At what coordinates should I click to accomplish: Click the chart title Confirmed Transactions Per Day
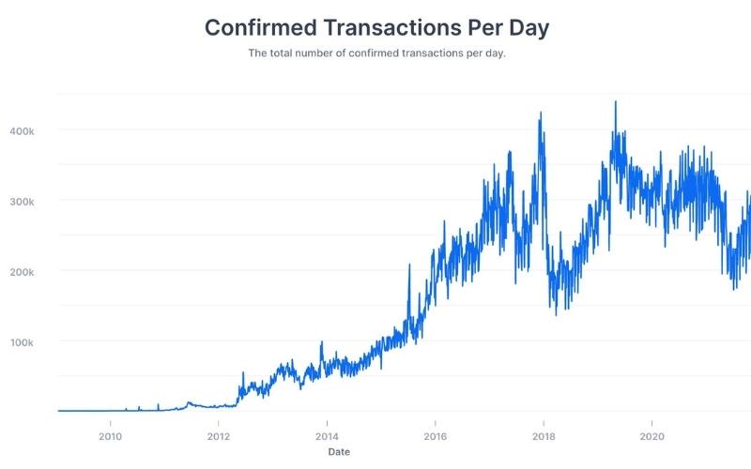(x=375, y=27)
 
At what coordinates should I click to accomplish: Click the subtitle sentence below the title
(x=375, y=53)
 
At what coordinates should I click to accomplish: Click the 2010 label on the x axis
(x=110, y=436)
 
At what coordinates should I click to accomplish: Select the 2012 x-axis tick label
(x=218, y=436)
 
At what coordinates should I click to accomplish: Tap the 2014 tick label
(x=327, y=436)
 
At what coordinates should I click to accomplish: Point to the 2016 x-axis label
(x=435, y=436)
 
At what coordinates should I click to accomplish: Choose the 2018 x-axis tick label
(x=543, y=436)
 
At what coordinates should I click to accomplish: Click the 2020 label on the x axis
(x=651, y=436)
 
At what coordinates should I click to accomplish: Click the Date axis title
(x=341, y=452)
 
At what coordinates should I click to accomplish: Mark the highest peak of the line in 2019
(x=615, y=102)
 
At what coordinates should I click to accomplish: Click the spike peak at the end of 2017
(x=541, y=113)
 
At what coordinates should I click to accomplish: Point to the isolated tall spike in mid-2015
(x=409, y=265)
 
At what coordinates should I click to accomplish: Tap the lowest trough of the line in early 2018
(x=556, y=313)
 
